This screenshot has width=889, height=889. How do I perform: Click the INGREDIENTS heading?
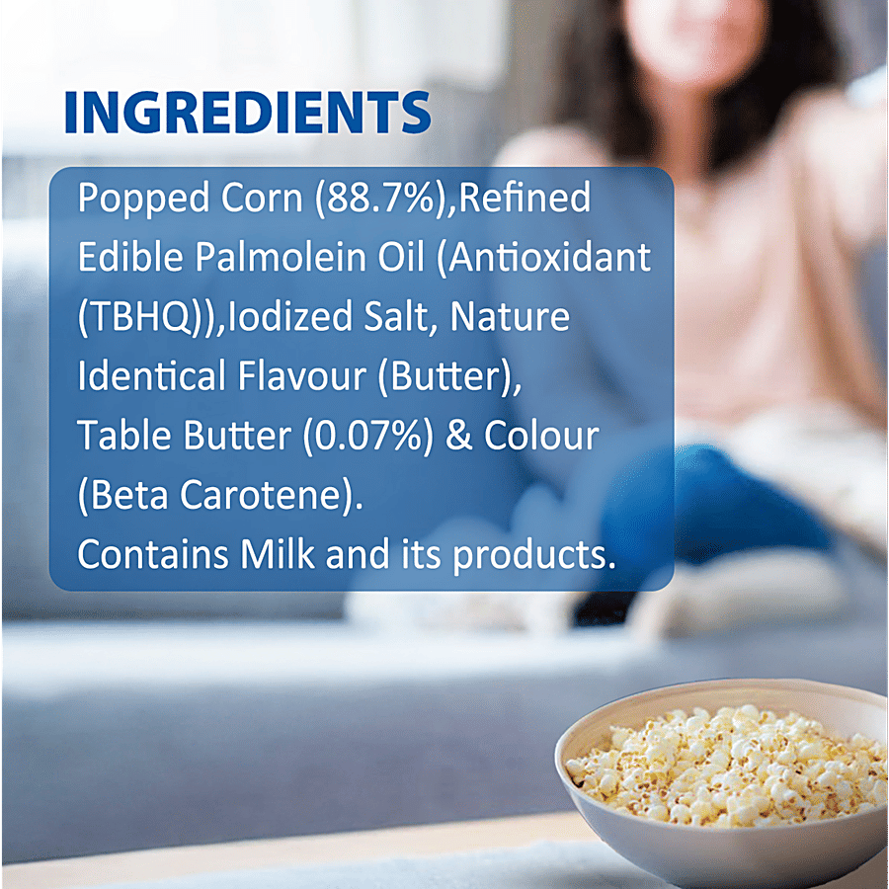pos(248,113)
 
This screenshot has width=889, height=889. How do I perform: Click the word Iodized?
pos(289,316)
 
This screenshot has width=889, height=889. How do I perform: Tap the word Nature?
pos(510,317)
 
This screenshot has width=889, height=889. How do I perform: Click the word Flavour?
pos(302,376)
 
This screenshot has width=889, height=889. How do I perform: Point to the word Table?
pos(124,436)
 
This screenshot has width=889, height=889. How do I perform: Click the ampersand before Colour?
pos(458,437)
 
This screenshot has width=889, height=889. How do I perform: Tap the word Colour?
pos(541,436)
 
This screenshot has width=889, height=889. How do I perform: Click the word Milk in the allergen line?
pos(277,554)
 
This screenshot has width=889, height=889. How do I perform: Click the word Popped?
pos(143,199)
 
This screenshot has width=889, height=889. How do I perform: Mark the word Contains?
pos(152,554)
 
